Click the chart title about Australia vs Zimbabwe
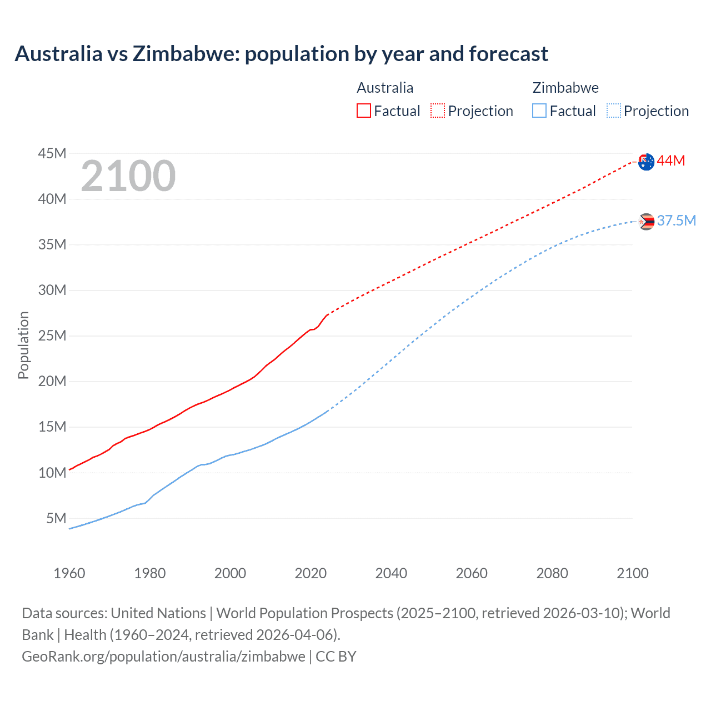(281, 54)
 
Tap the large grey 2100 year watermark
(128, 176)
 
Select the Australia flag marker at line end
(646, 162)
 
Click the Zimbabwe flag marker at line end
(646, 222)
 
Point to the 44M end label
(671, 161)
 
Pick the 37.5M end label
(677, 221)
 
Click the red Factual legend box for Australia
(364, 111)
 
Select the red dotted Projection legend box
(438, 111)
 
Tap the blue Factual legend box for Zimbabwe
(539, 111)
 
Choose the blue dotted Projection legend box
(614, 111)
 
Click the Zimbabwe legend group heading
(565, 88)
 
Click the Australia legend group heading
(385, 88)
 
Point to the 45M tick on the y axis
(52, 153)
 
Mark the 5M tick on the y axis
(56, 518)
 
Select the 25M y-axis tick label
(52, 336)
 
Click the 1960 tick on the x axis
(69, 573)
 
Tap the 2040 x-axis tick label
(391, 573)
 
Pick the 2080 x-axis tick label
(552, 573)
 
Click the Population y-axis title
(23, 345)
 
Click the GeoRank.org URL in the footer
(163, 657)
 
